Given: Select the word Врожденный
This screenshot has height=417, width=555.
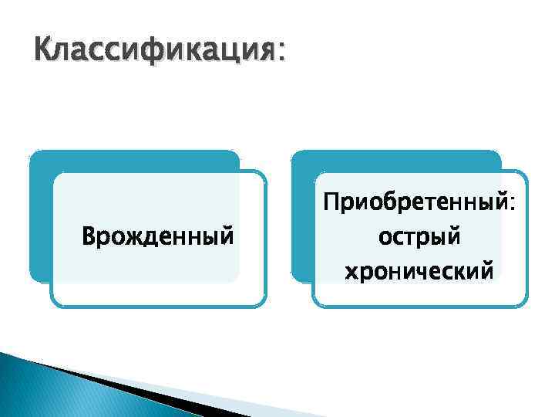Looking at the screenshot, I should tap(157, 233).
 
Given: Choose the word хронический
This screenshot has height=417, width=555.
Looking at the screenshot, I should tap(419, 270).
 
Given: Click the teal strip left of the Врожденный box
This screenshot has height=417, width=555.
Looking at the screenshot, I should tap(40, 224).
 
